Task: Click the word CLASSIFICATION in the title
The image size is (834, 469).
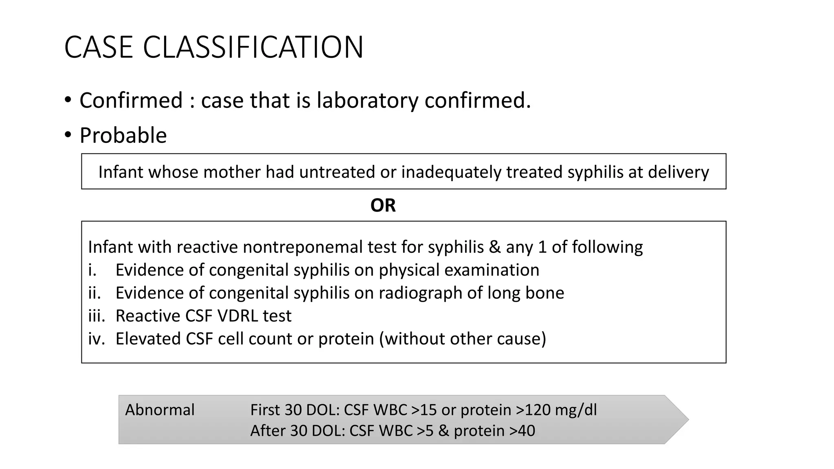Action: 253,48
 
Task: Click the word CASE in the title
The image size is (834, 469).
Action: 99,48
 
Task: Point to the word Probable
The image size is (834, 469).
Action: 123,136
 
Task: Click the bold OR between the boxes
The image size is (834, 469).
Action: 383,206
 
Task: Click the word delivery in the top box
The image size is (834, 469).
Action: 678,172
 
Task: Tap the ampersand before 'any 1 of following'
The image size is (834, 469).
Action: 495,247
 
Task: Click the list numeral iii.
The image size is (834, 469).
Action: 97,316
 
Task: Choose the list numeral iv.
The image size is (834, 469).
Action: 97,339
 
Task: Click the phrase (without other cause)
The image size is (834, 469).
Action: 463,339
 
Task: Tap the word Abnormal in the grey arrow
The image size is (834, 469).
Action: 160,410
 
